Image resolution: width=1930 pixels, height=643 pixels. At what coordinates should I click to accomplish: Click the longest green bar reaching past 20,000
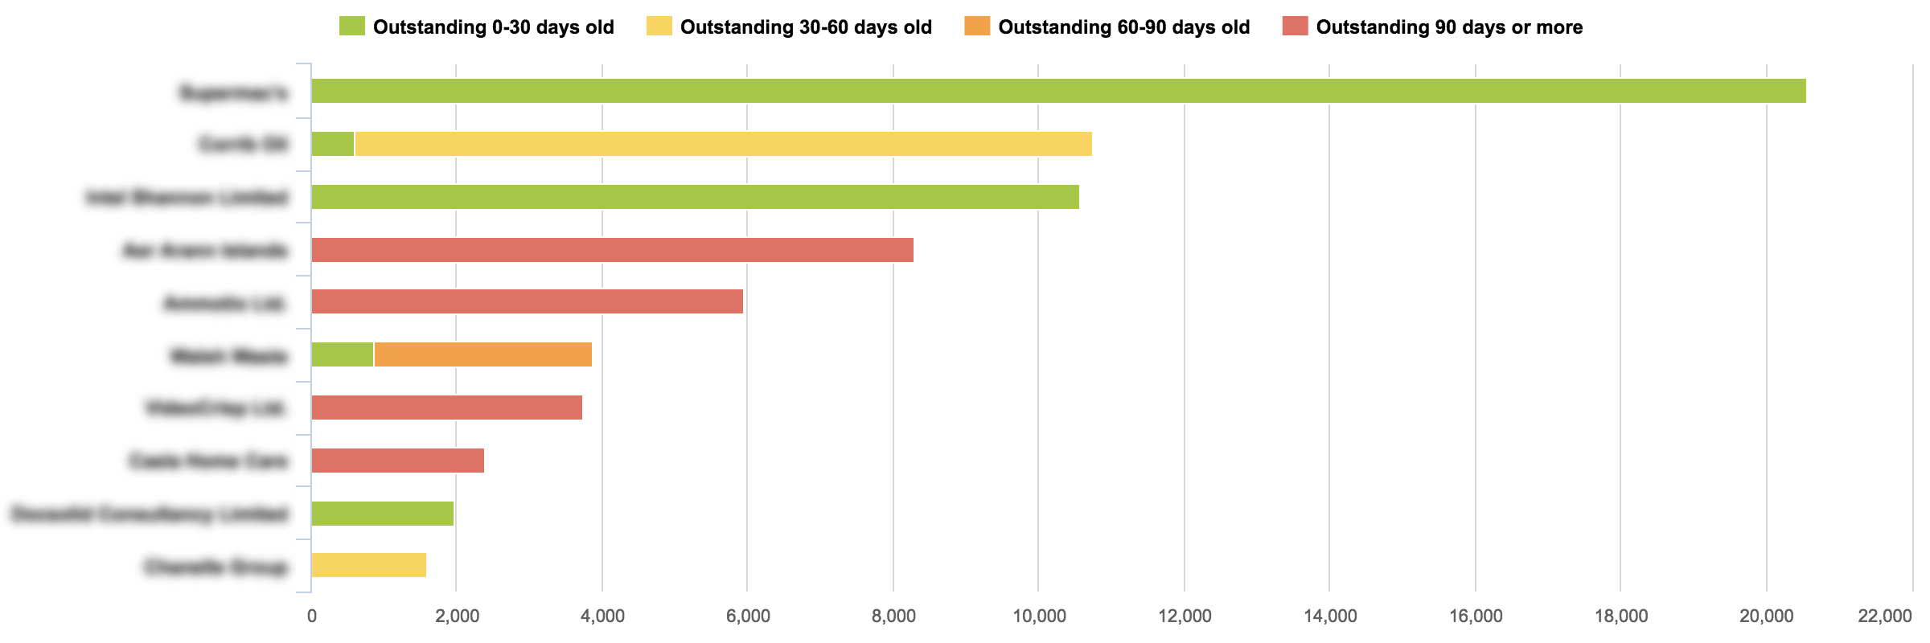pos(1058,91)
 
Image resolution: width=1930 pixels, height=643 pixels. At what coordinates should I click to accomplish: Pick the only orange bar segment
pos(482,354)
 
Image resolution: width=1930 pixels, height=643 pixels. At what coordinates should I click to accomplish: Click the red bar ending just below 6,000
pos(527,301)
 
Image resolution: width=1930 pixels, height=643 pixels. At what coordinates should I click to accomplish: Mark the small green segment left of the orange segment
pos(343,354)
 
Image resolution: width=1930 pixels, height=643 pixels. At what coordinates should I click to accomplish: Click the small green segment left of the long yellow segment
pos(333,144)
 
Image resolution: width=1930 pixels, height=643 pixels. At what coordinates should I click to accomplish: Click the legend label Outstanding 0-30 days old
pos(493,27)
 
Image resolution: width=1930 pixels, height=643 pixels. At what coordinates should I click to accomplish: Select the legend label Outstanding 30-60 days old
pos(806,27)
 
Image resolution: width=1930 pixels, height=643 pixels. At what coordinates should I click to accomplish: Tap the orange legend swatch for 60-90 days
pos(977,27)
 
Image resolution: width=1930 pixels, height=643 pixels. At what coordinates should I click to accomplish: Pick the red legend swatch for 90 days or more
pos(1295,27)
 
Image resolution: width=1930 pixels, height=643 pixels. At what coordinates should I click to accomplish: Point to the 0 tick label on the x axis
pos(311,616)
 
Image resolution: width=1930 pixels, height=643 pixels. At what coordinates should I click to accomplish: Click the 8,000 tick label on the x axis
pos(893,616)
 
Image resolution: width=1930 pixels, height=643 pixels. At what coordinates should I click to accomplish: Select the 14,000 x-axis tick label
pos(1329,616)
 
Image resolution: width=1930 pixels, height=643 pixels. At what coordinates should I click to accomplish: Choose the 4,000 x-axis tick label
pos(602,616)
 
